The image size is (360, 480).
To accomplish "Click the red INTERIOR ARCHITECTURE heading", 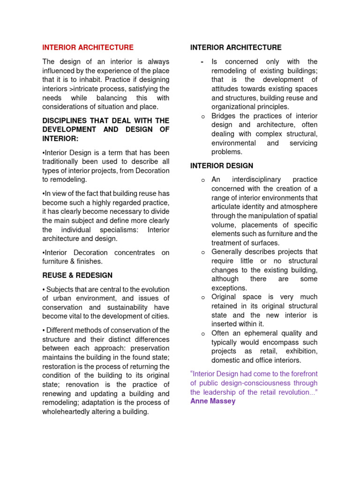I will [88, 47].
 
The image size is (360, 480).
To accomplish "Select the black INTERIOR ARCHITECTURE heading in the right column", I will [236, 47].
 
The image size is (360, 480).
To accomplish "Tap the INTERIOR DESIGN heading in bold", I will [222, 166].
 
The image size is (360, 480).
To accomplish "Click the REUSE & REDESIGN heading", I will [77, 275].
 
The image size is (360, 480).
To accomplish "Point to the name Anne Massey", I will [213, 401].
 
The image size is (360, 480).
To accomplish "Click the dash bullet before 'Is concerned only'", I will [202, 62].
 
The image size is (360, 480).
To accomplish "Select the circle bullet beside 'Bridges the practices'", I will [203, 116].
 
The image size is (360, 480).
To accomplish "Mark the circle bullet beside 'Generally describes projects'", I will [203, 252].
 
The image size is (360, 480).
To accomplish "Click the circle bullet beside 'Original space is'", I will [203, 297].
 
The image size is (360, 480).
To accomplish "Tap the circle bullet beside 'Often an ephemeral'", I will [203, 334].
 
